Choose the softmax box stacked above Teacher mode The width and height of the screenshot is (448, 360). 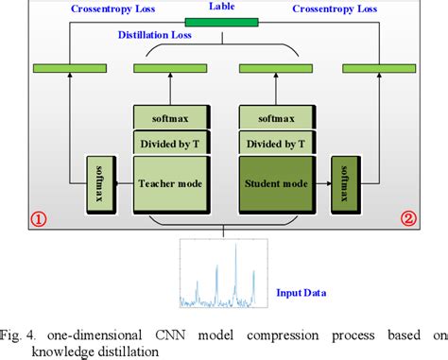point(171,119)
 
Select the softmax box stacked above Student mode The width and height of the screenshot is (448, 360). point(276,119)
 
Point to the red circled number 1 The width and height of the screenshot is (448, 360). point(40,219)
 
